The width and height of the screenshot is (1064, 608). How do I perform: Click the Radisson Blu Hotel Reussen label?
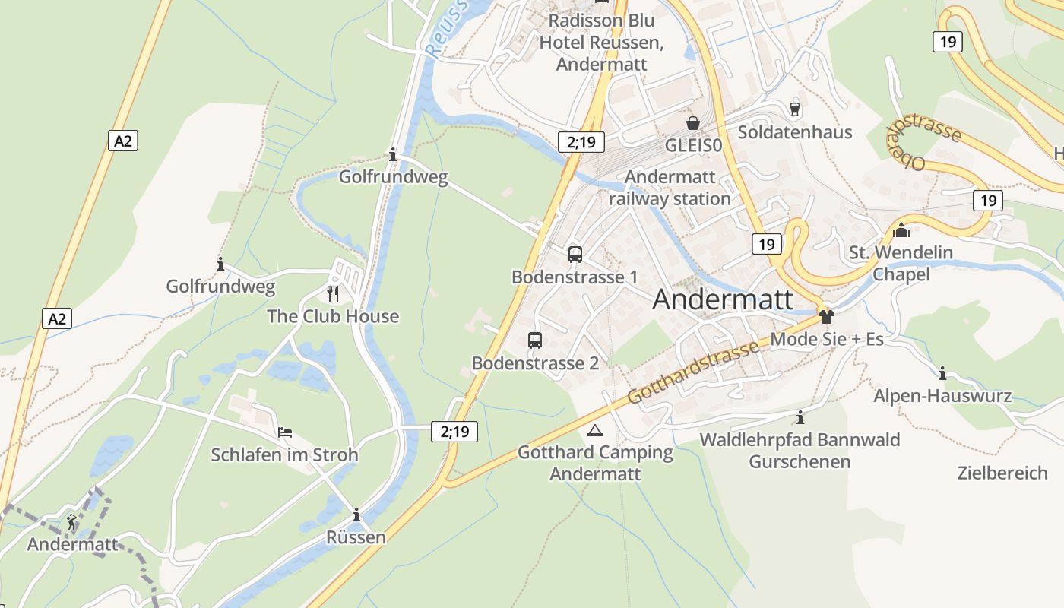601,42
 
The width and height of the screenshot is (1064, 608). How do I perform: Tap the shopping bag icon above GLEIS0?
693,123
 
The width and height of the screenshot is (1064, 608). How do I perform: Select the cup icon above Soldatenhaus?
795,109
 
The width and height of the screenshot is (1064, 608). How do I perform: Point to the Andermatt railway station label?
670,188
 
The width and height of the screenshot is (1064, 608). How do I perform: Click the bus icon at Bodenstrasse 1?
575,255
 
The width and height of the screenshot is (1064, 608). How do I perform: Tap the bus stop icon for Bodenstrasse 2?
535,340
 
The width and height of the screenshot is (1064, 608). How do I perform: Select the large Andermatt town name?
722,299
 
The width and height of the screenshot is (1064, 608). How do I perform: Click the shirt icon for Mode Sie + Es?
826,316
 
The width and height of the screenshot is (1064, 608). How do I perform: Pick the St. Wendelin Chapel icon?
901,230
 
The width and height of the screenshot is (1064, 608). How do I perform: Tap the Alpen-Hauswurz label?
942,396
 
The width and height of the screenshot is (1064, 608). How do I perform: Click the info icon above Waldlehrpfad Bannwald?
800,417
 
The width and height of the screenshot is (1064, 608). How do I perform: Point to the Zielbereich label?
1002,473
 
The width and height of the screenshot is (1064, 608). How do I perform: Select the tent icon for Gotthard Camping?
594,431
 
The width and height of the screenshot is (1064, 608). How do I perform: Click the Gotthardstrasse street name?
693,372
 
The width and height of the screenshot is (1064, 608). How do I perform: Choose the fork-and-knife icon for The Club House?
332,293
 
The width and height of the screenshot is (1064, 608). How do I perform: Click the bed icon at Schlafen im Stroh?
285,432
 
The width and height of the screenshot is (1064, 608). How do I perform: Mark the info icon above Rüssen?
356,515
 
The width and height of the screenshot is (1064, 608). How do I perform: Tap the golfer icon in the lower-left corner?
71,522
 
